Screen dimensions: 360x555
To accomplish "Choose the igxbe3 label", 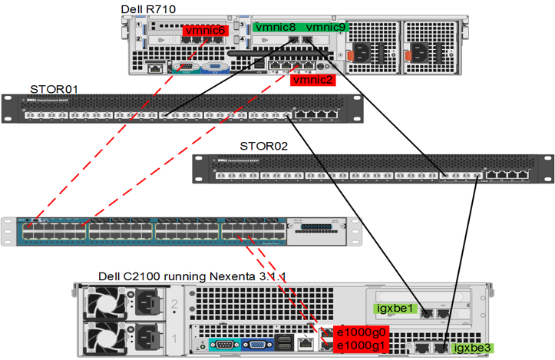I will (471, 348).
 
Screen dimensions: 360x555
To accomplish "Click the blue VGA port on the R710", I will (216, 67).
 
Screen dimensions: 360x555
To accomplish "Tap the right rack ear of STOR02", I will (546, 167).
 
